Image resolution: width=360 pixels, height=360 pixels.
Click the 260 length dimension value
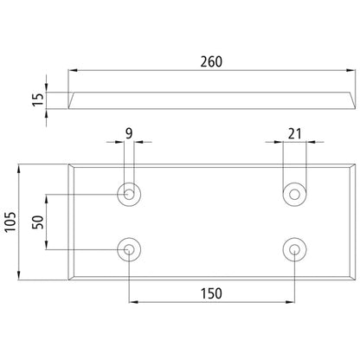click(211, 62)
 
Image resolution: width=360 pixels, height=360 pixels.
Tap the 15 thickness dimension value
click(38, 100)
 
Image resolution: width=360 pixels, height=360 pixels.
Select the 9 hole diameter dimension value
click(129, 133)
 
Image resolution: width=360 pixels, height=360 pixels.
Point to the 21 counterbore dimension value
click(294, 134)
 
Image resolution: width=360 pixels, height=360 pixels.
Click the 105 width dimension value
click(11, 222)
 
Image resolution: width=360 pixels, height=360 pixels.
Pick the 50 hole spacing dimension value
click(38, 222)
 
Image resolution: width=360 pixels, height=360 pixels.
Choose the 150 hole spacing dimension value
click(211, 293)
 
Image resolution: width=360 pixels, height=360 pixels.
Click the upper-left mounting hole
click(129, 194)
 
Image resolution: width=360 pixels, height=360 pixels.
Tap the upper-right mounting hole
click(294, 194)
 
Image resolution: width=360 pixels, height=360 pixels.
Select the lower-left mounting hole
click(129, 249)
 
